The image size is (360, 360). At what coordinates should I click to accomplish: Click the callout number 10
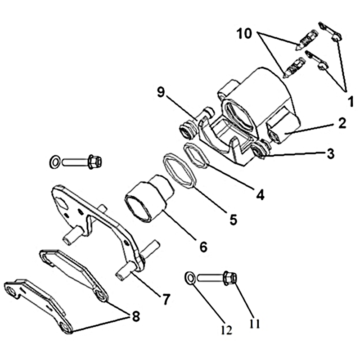point(244,34)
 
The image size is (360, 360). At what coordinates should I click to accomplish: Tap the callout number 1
point(351,102)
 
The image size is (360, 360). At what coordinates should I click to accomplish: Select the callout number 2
point(342,123)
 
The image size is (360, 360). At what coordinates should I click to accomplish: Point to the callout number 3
point(330,153)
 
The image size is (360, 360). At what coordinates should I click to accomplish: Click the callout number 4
point(260,195)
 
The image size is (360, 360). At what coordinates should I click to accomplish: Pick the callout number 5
point(233,220)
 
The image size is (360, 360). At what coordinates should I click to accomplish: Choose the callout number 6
point(203,247)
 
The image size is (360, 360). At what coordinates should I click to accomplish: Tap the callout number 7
point(166,299)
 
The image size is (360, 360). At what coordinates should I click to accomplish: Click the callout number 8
point(135,317)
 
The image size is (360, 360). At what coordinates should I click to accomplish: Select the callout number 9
point(161,93)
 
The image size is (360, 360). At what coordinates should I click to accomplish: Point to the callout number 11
point(255,324)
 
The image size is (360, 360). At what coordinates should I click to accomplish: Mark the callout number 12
point(227,330)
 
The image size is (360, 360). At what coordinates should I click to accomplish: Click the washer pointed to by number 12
point(190,278)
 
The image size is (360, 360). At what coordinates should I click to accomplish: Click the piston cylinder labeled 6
point(149,198)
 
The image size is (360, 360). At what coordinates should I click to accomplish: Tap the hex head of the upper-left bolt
point(95,162)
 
